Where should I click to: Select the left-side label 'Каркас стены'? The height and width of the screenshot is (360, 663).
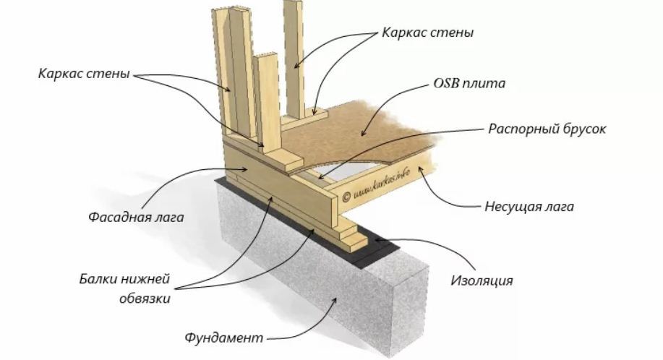[x=85, y=74]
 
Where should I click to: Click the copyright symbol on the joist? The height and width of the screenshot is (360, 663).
[x=346, y=194]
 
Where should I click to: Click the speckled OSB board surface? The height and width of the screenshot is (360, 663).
[x=376, y=130]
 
